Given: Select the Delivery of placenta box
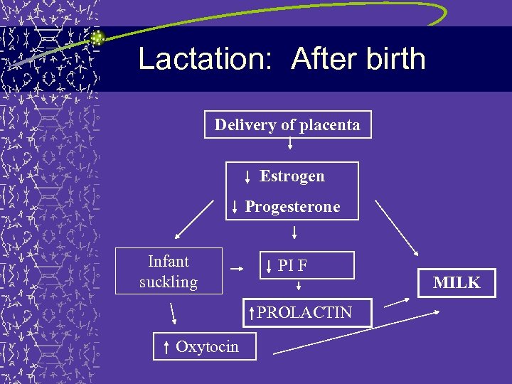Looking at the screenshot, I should tap(287, 124).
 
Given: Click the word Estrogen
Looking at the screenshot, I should tap(292, 176).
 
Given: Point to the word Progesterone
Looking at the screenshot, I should tap(292, 207).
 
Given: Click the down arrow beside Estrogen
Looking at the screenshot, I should tap(247, 177).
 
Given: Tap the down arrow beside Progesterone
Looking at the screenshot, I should tap(235, 208).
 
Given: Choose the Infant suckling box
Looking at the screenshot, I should tap(169, 271).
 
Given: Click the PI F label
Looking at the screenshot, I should tap(292, 266).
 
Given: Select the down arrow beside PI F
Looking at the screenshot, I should tap(269, 267).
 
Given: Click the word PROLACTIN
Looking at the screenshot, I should tap(304, 312).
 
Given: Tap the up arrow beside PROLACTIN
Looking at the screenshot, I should tap(251, 312).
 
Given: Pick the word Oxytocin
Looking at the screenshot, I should tap(207, 347).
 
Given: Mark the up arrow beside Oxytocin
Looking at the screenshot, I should tap(166, 347).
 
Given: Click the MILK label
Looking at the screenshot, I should tap(457, 282).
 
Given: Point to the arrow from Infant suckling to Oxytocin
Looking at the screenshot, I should tap(173, 313).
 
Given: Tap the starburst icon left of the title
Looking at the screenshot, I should tap(97, 38).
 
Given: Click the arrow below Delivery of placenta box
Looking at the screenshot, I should tap(290, 145).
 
